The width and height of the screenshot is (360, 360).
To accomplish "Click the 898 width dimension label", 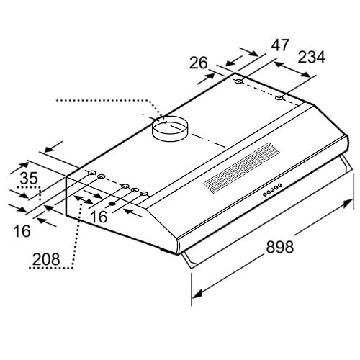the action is [280, 247].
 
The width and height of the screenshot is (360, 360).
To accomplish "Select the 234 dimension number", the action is [312, 57].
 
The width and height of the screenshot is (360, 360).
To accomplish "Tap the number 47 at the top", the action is [280, 45].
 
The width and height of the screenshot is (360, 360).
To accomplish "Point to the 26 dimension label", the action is [199, 63].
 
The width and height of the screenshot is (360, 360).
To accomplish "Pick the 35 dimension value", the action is [29, 178].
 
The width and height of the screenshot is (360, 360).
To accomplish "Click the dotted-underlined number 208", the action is [46, 259].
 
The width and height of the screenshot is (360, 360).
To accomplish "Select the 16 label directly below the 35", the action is [22, 231].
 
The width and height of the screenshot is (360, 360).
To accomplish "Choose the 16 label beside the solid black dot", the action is [99, 217].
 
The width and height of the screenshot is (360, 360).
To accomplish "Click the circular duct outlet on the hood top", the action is [171, 128].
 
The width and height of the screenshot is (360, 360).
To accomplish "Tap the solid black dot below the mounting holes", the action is [112, 204].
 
